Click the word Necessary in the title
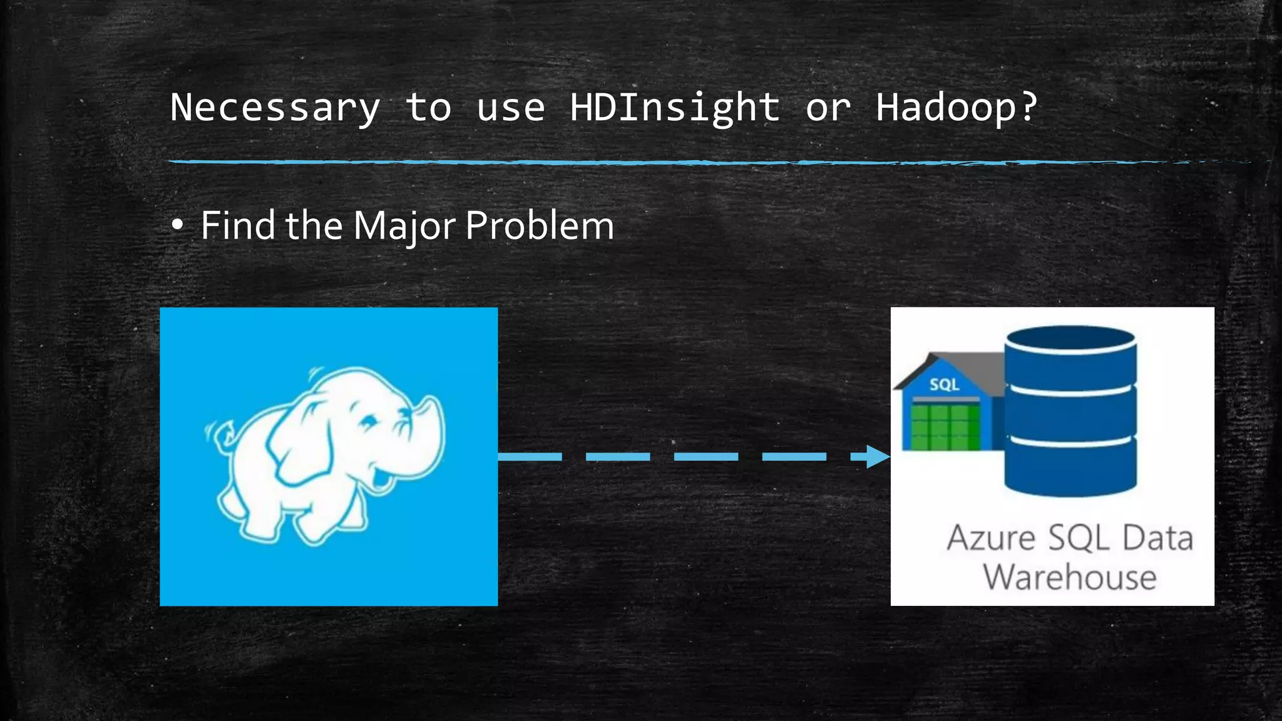click(x=275, y=108)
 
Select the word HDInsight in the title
click(x=674, y=108)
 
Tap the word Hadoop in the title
click(x=945, y=108)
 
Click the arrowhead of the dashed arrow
click(x=876, y=456)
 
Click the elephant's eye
click(x=367, y=421)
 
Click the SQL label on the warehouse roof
click(x=944, y=384)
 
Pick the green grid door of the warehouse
click(x=945, y=427)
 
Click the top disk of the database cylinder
click(x=1070, y=341)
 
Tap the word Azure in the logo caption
click(x=991, y=538)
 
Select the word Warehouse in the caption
click(x=1070, y=577)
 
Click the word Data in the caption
click(x=1158, y=538)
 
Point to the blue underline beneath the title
click(x=626, y=162)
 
